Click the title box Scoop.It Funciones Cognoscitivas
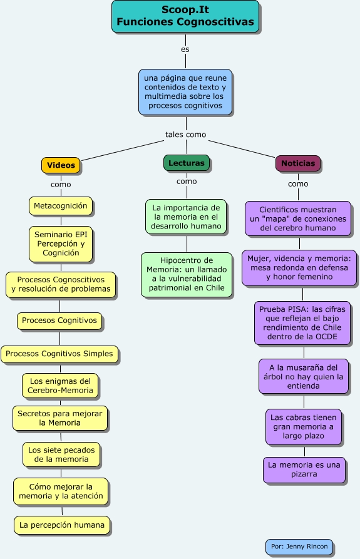tap(185, 16)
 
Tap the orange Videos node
tap(61, 165)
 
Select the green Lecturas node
tap(187, 163)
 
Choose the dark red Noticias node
tap(298, 163)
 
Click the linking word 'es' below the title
tap(185, 49)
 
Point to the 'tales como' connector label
tap(186, 135)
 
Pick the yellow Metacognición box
tap(61, 206)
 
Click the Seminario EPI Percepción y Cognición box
tap(61, 244)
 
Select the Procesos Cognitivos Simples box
tap(59, 354)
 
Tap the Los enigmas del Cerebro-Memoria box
tap(60, 386)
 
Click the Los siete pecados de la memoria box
tap(61, 454)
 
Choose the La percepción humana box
tap(62, 525)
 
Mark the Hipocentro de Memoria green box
tap(187, 274)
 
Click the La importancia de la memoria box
tap(186, 217)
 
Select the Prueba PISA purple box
tap(302, 323)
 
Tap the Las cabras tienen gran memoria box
tap(304, 427)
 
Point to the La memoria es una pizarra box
tap(304, 469)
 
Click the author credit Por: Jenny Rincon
tap(299, 546)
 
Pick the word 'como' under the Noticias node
tap(298, 184)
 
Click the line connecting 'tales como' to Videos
tap(122, 150)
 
